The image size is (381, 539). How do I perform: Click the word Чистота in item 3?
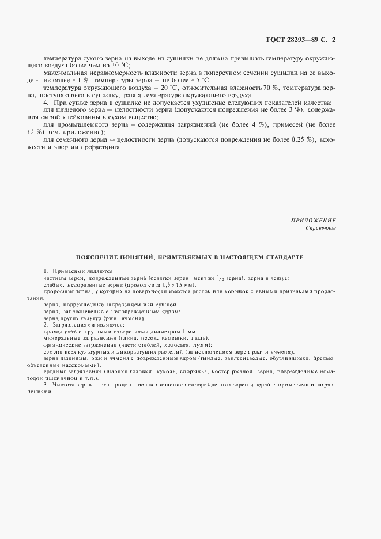pos(65,385)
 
